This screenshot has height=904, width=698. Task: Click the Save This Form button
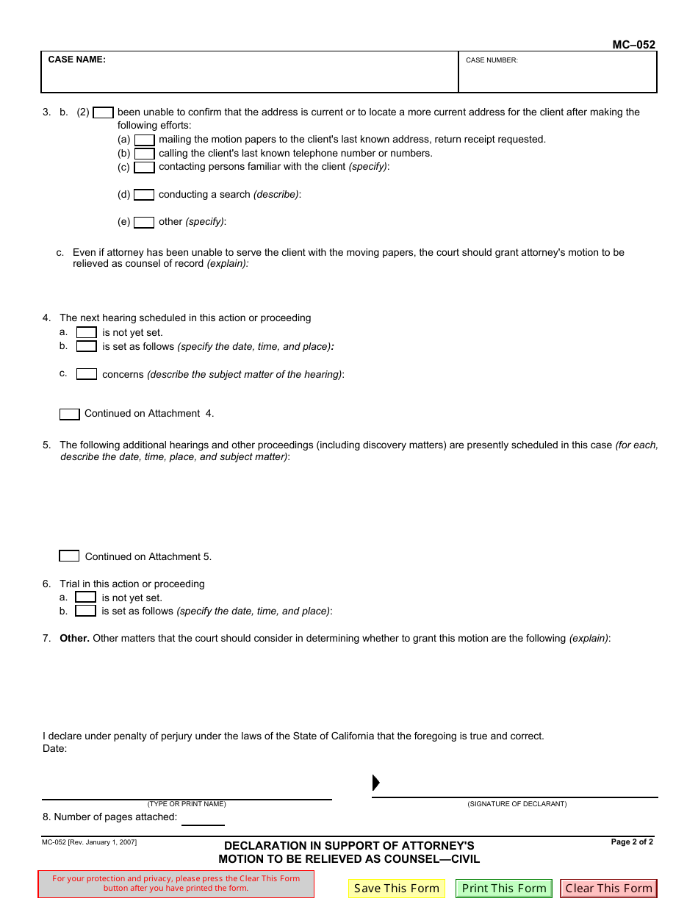point(396,889)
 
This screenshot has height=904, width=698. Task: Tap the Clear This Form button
point(608,889)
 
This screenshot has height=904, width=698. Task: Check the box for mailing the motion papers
point(144,140)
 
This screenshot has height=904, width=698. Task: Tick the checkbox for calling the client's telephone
point(144,154)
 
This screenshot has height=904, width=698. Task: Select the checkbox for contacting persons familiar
point(144,167)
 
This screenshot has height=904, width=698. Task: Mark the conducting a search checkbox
point(144,195)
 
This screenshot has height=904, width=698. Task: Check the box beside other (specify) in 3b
point(144,222)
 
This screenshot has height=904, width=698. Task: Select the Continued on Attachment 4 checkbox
point(70,415)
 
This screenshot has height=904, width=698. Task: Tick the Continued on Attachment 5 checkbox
point(69,556)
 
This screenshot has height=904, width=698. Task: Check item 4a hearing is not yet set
point(87,333)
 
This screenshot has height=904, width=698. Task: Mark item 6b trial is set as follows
point(86,611)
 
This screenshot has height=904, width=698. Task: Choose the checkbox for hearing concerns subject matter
point(87,374)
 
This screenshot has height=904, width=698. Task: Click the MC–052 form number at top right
point(633,45)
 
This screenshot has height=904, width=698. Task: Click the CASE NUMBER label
point(492,60)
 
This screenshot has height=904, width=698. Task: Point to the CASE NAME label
point(76,60)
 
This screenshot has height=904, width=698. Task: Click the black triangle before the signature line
point(376,782)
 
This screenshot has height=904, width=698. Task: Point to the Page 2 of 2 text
point(631,842)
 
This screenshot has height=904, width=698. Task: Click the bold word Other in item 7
point(74,639)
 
